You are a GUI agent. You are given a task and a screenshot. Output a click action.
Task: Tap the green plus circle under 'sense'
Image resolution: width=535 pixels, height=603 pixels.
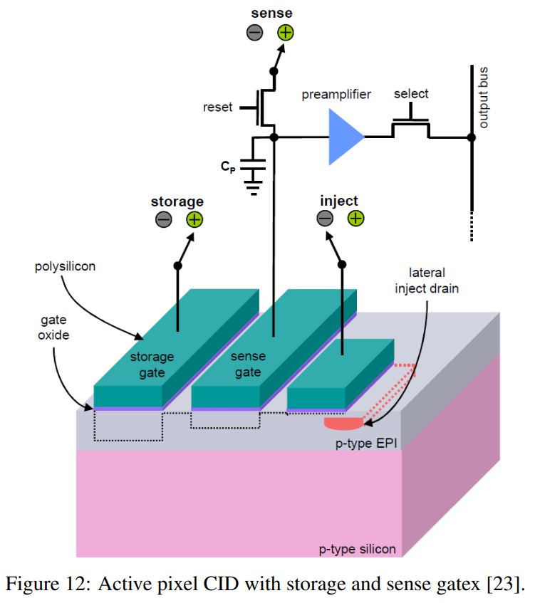tap(285, 32)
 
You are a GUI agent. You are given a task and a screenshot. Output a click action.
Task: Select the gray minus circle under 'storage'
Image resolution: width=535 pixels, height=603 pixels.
tap(163, 220)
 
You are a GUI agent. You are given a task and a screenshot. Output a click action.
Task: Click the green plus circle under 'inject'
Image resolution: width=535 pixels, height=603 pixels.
tap(355, 219)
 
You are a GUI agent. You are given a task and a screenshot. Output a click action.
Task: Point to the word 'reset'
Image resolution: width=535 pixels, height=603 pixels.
tap(218, 107)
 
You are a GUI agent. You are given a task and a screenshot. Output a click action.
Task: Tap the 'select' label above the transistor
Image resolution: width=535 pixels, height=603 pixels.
tap(411, 94)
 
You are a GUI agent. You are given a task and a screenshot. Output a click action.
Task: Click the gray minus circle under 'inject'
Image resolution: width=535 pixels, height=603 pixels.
tap(325, 219)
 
